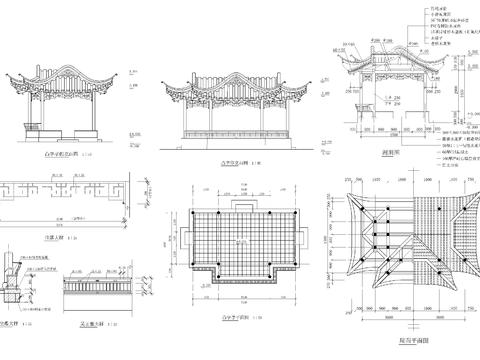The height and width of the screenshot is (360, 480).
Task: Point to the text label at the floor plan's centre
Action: point(237,242)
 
